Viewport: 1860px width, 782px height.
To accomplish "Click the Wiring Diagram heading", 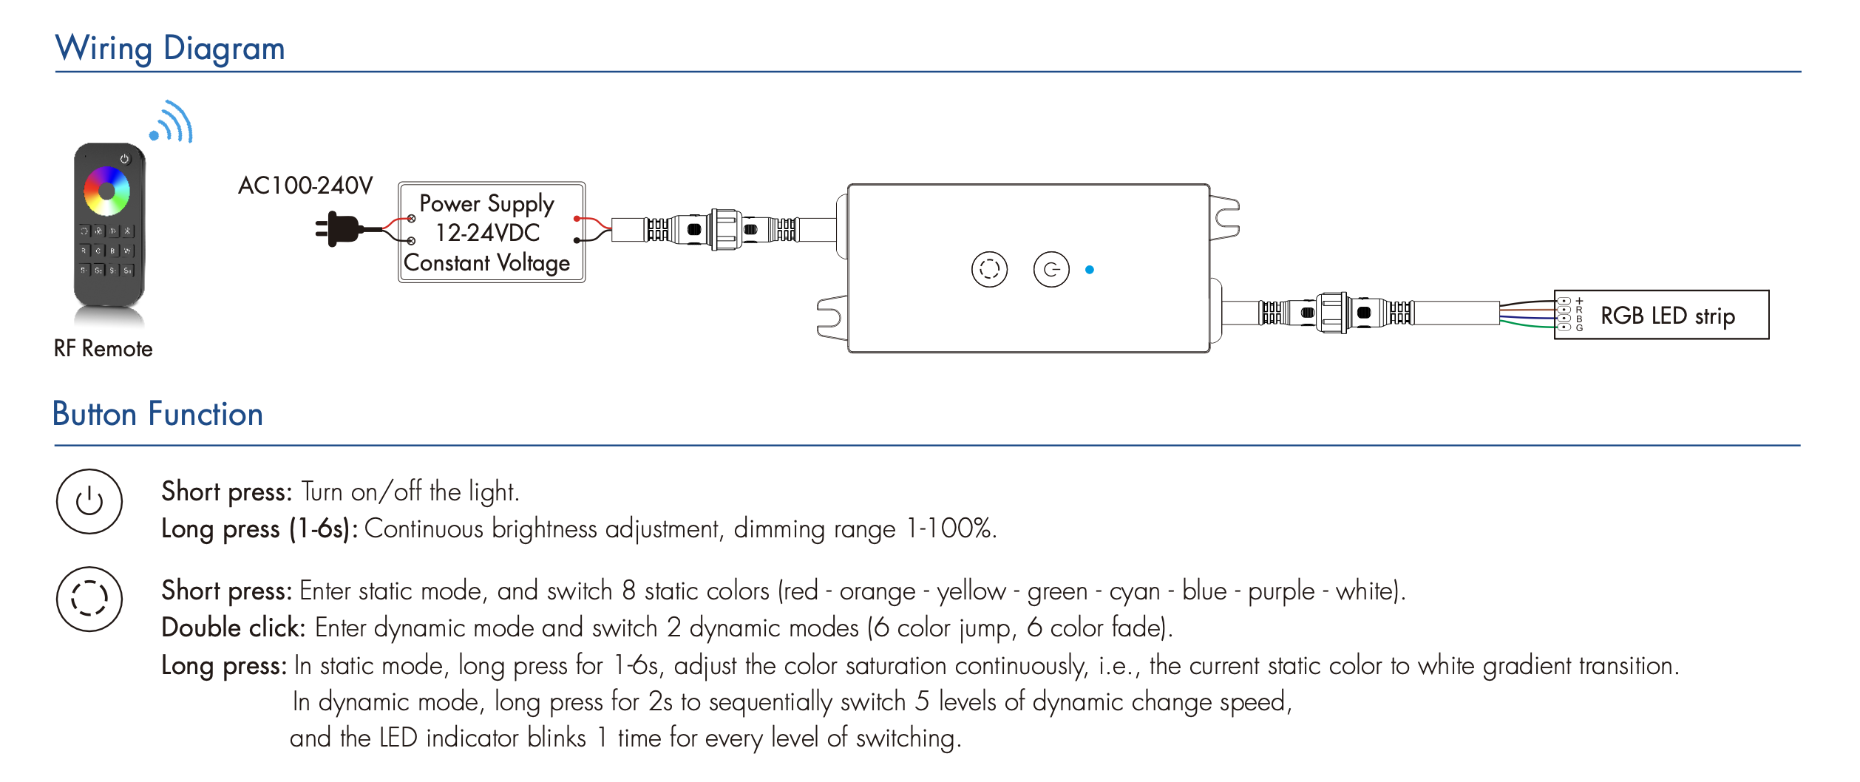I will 170,49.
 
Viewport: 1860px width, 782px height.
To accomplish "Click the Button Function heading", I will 157,414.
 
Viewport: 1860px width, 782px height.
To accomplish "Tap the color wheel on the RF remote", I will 106,191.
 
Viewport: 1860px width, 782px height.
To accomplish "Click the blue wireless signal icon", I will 172,123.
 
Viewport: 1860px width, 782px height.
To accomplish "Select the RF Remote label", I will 103,349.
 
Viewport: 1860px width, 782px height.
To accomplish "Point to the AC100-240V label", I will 305,186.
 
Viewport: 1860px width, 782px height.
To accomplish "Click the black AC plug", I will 341,229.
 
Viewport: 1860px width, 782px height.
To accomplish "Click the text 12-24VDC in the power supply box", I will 488,233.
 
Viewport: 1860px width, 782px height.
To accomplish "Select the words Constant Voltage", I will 486,263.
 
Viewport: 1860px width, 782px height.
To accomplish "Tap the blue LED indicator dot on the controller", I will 1089,270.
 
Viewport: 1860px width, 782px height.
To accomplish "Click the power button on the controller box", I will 1051,270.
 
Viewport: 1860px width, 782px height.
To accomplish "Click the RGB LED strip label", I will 1667,316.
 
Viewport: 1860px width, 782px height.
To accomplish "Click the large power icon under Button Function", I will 89,501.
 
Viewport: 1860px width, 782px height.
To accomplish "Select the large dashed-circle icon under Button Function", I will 89,599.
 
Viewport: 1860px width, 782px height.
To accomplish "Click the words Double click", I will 233,628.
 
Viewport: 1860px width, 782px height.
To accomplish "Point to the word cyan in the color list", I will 1134,591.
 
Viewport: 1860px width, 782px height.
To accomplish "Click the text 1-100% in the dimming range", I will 950,528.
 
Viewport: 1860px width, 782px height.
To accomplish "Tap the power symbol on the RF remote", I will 124,159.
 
